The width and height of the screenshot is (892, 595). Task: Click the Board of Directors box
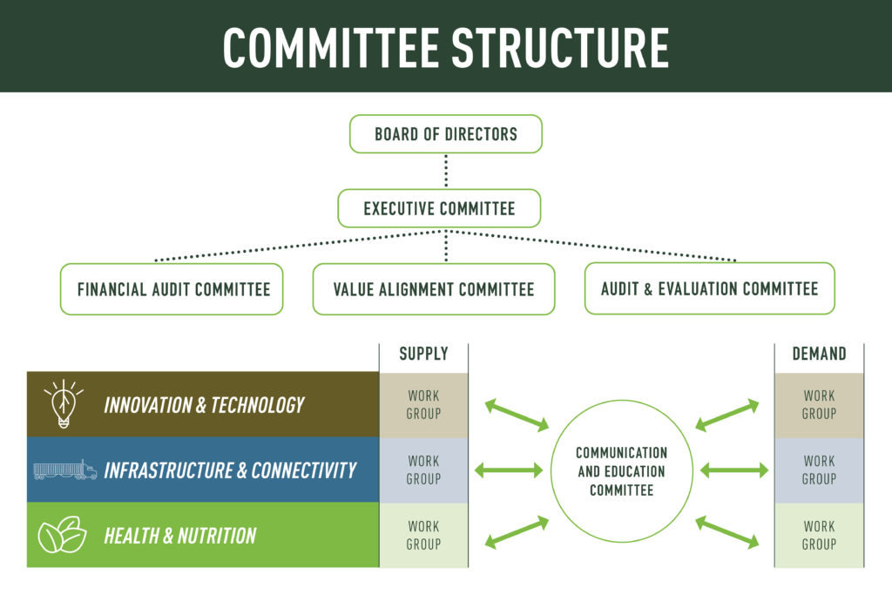[x=445, y=134]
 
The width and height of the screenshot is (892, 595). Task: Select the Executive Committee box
[x=439, y=209]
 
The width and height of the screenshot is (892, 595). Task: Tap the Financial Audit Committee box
[x=173, y=289]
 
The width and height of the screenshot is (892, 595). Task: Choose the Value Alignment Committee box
[x=433, y=289]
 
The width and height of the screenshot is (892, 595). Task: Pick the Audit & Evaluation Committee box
[x=709, y=288]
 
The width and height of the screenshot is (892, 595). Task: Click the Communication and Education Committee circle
[x=621, y=471]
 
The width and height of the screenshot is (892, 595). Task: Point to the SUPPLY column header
[x=423, y=354]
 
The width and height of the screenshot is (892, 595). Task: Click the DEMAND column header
[x=819, y=354]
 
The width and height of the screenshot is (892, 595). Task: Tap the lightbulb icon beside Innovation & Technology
[x=64, y=404]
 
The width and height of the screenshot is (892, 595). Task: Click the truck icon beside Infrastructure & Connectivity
[x=64, y=470]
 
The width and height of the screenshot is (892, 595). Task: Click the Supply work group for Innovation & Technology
[x=423, y=405]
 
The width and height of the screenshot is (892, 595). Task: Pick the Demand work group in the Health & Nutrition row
[x=819, y=535]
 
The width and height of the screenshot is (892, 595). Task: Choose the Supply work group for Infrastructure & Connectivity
[x=423, y=470]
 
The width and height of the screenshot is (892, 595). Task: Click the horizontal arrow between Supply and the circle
[x=509, y=470]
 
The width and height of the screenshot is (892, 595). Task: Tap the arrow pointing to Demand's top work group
[x=727, y=415]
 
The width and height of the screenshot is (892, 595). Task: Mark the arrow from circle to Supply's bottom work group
[x=517, y=532]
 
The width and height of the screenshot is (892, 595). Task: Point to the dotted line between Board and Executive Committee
[x=446, y=171]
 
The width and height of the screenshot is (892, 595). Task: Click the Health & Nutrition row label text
[x=179, y=535]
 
